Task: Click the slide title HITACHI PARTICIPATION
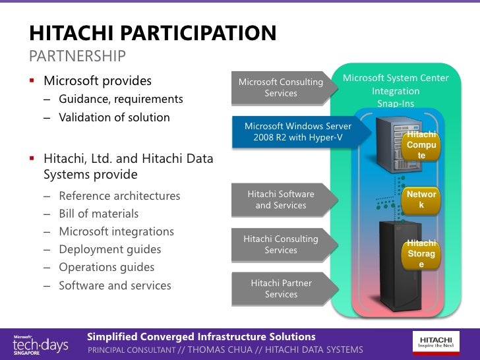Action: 152,34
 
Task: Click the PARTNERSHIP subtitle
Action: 77,56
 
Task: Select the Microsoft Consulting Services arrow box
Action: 281,88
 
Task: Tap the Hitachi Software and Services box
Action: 281,200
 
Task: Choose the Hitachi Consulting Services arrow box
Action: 281,245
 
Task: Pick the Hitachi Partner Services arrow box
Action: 281,289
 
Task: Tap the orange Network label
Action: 421,200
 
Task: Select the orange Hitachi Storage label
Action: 421,254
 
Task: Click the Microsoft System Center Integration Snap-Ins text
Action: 396,91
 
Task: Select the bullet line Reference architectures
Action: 119,196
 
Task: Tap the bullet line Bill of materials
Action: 98,214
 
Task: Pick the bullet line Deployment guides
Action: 109,249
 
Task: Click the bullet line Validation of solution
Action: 114,117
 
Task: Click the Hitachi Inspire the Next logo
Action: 436,342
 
